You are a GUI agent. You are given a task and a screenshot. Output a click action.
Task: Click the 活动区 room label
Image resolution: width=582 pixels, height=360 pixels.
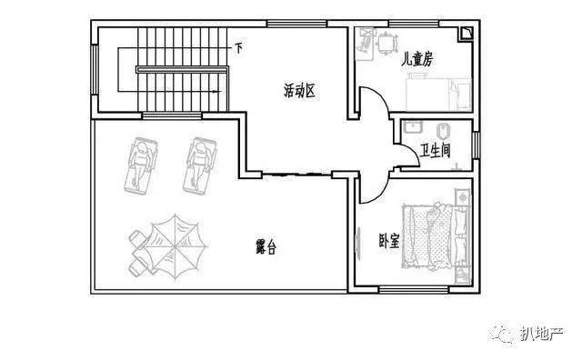[299, 91]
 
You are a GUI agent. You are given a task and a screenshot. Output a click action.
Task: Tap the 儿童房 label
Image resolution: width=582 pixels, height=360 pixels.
[417, 59]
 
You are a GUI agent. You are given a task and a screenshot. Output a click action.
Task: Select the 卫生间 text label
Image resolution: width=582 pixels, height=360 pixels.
[436, 150]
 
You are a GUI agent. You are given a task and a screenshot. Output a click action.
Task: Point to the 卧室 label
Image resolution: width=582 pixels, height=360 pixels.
[389, 241]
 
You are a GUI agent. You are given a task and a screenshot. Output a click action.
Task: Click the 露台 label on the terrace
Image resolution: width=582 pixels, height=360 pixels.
[266, 246]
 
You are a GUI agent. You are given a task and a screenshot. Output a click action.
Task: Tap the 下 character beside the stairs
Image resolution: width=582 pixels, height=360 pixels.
[238, 48]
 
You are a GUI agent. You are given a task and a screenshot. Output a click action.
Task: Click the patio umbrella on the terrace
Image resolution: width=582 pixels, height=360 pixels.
[175, 246]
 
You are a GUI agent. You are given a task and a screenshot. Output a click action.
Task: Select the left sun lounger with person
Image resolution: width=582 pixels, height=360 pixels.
[141, 165]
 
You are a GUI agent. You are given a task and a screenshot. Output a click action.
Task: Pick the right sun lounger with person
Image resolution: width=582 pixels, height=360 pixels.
[200, 165]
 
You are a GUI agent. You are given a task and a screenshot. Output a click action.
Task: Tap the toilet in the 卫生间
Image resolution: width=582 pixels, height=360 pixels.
[444, 131]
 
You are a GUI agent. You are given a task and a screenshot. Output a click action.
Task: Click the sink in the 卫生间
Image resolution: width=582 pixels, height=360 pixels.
[412, 126]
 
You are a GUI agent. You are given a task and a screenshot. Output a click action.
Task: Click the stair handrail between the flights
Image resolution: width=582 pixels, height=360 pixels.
[182, 69]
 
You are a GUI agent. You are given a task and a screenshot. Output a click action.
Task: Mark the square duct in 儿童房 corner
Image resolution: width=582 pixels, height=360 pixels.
[466, 34]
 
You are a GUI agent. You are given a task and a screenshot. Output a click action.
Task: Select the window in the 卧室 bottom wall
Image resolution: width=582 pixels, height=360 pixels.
[414, 289]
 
